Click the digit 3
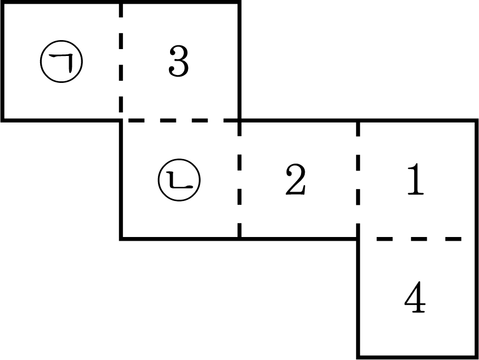tap(179, 61)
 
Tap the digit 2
tap(296, 179)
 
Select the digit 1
tap(416, 179)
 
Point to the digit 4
tap(415, 297)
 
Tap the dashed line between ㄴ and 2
tap(240, 179)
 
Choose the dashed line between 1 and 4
tap(418, 239)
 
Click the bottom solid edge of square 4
tap(417, 356)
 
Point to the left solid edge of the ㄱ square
tap(3, 61)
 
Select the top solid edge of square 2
tap(299, 120)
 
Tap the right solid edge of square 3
tap(239, 61)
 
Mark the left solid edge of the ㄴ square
tap(121, 179)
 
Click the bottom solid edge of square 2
tap(299, 239)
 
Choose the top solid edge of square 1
tap(417, 120)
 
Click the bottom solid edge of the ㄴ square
tap(180, 239)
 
